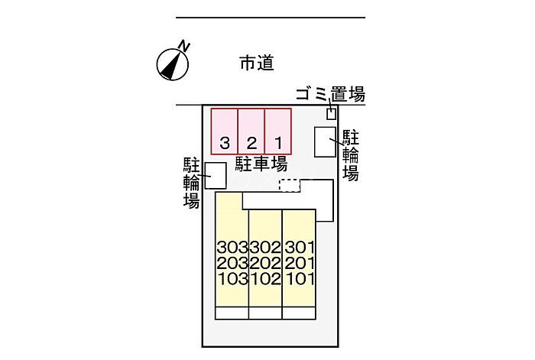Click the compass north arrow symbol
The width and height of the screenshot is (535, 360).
[173, 64]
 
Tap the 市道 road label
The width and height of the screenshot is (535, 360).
[256, 64]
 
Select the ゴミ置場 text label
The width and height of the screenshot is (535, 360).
[330, 95]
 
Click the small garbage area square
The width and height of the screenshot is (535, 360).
[331, 114]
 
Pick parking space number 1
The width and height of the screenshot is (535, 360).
[279, 131]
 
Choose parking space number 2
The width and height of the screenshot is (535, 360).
[251, 131]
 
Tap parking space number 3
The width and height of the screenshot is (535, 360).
[225, 131]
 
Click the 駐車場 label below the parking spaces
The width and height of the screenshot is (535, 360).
[261, 163]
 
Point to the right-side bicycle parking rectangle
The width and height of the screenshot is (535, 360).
[326, 142]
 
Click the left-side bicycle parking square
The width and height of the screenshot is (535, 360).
[215, 175]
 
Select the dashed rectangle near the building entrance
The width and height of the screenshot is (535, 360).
[289, 184]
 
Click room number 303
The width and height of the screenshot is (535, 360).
[232, 248]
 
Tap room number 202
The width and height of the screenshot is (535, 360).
[266, 263]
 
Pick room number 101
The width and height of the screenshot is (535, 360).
[300, 278]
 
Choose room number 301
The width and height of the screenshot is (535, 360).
[300, 248]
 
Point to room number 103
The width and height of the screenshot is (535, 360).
[232, 278]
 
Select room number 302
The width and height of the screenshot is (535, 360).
[266, 248]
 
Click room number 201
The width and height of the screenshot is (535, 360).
[300, 263]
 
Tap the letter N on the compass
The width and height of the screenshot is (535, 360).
[183, 47]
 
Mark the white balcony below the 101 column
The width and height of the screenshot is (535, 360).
[300, 313]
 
